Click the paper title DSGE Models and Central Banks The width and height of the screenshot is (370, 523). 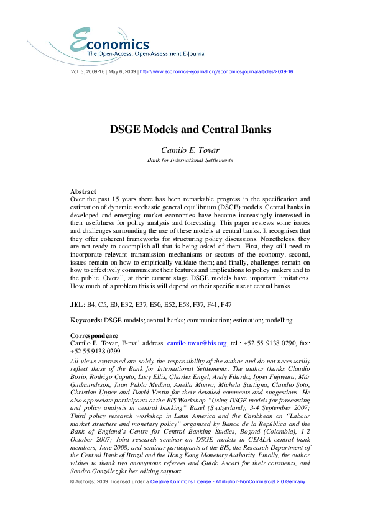point(185,130)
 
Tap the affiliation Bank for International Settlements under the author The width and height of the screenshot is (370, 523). point(185,160)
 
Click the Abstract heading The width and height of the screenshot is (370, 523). point(83,192)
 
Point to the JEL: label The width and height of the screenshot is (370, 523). point(78,306)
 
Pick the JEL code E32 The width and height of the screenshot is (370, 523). point(127,306)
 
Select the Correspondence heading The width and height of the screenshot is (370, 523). point(95,335)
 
